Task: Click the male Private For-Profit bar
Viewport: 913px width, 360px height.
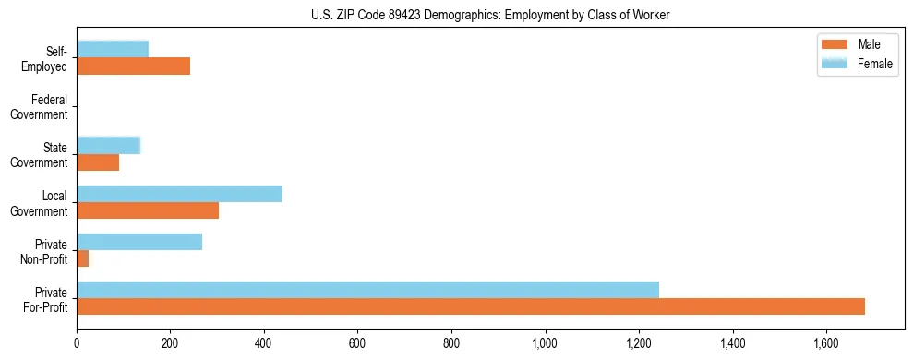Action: click(x=471, y=306)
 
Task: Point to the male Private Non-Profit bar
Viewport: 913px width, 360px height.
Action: click(x=83, y=258)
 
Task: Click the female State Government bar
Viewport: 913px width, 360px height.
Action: click(x=108, y=145)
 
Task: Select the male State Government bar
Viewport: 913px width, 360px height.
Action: click(x=98, y=162)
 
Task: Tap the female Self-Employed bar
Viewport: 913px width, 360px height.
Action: click(x=113, y=49)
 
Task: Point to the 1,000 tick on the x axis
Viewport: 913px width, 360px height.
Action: click(x=546, y=343)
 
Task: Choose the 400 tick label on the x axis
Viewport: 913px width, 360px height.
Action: click(x=264, y=343)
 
